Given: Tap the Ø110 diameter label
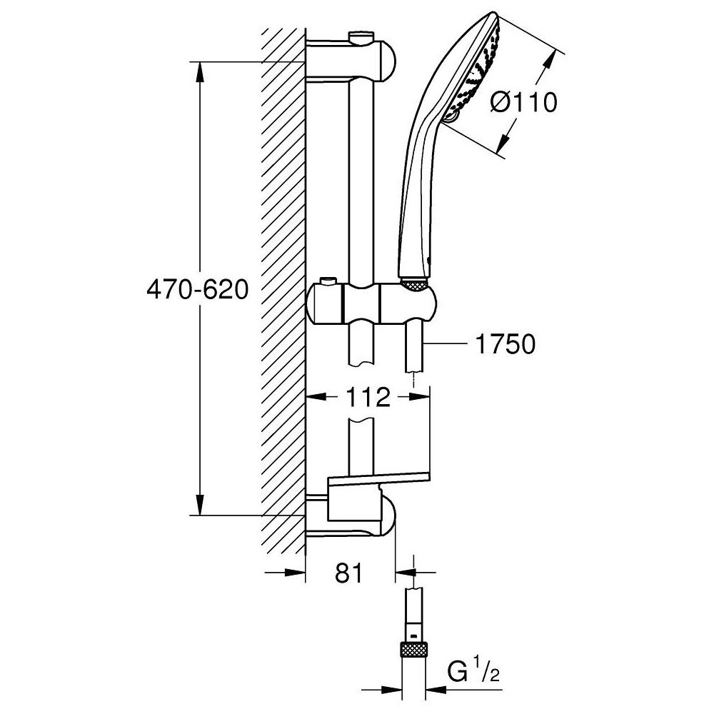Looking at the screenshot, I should (523, 103).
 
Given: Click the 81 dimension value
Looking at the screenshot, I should (348, 573).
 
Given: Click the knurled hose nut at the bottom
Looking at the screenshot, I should (414, 650).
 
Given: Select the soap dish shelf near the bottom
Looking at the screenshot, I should (378, 480).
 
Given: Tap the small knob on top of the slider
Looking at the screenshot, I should (329, 281).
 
